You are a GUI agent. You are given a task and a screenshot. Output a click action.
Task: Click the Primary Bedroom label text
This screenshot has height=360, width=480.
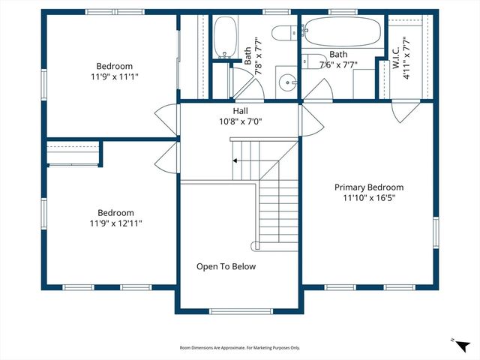tap(368, 187)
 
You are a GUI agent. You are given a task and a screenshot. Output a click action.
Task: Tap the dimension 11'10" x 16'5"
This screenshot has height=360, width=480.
tap(368, 198)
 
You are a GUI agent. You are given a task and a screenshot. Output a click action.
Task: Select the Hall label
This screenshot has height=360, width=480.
tap(240, 111)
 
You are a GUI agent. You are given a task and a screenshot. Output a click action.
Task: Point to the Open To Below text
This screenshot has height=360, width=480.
tap(226, 266)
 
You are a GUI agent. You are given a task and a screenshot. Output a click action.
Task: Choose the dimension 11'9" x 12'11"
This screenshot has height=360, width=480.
tap(115, 223)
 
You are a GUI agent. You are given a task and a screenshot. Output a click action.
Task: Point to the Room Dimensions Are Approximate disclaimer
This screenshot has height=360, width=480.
tap(239, 348)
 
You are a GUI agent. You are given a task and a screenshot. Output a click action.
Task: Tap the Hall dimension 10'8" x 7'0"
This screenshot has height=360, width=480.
tap(240, 121)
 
